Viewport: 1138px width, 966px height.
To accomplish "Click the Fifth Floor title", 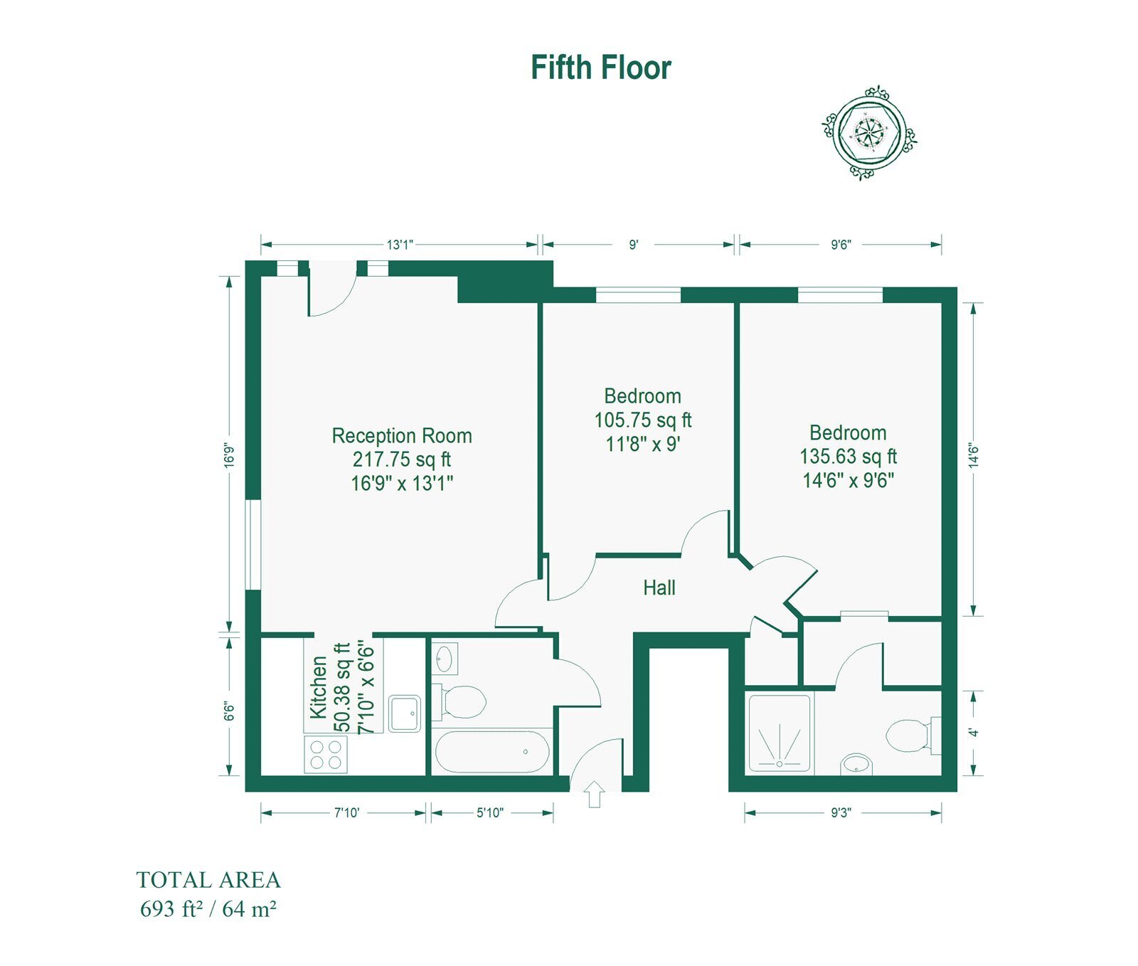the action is click(601, 68).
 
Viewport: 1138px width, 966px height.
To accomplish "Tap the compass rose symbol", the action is click(868, 132).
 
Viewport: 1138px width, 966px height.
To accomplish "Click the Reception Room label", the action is click(402, 435).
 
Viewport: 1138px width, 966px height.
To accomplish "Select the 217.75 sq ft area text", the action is click(402, 460).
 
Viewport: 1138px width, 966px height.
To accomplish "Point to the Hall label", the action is click(659, 588).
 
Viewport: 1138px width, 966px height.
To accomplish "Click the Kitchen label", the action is click(319, 686).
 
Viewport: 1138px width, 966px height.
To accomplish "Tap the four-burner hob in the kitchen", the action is click(326, 755).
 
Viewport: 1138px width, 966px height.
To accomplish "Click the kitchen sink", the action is click(405, 713).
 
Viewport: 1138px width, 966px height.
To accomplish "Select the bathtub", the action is click(491, 752).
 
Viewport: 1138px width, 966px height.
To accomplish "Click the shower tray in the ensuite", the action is click(780, 733).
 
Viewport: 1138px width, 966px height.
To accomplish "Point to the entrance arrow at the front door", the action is click(595, 794).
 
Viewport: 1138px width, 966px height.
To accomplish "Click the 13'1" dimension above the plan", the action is click(400, 245).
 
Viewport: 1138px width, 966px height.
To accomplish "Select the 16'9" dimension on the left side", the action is click(229, 455).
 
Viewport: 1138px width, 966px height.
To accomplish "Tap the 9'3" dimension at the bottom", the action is click(841, 812).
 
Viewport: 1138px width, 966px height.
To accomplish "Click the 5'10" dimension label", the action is click(490, 812).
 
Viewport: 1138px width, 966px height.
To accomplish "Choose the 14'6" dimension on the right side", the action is click(974, 455).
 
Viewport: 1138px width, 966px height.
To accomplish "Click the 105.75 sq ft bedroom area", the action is click(643, 420).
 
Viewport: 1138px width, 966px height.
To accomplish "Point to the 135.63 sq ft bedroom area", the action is click(849, 457).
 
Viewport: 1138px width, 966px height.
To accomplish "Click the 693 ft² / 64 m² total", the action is click(208, 909).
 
